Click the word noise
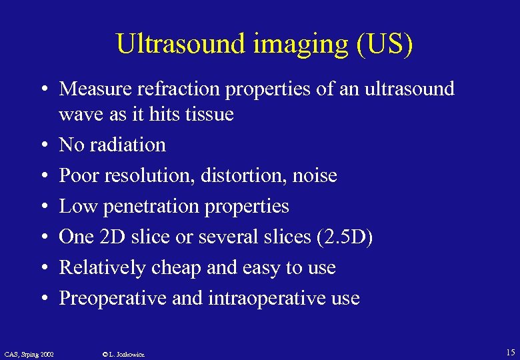(x=314, y=175)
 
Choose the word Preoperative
(x=113, y=298)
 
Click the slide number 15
(x=510, y=352)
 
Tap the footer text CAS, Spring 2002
(x=29, y=353)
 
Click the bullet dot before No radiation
(x=42, y=145)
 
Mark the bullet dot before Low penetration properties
(x=42, y=207)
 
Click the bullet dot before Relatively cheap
(x=42, y=268)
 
